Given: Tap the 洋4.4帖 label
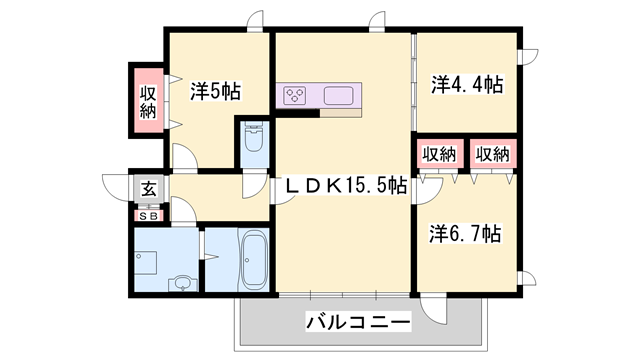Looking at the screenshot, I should click(x=466, y=85).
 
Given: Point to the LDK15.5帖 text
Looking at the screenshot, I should click(x=346, y=186).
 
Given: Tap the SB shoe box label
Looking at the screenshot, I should click(x=147, y=213).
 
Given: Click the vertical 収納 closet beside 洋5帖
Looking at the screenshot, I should click(x=147, y=100).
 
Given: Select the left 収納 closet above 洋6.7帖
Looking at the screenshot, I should click(x=438, y=154).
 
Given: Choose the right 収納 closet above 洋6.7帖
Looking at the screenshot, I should click(x=492, y=154).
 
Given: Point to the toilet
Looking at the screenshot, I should click(x=253, y=141).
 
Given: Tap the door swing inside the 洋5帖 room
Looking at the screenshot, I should click(x=184, y=156).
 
